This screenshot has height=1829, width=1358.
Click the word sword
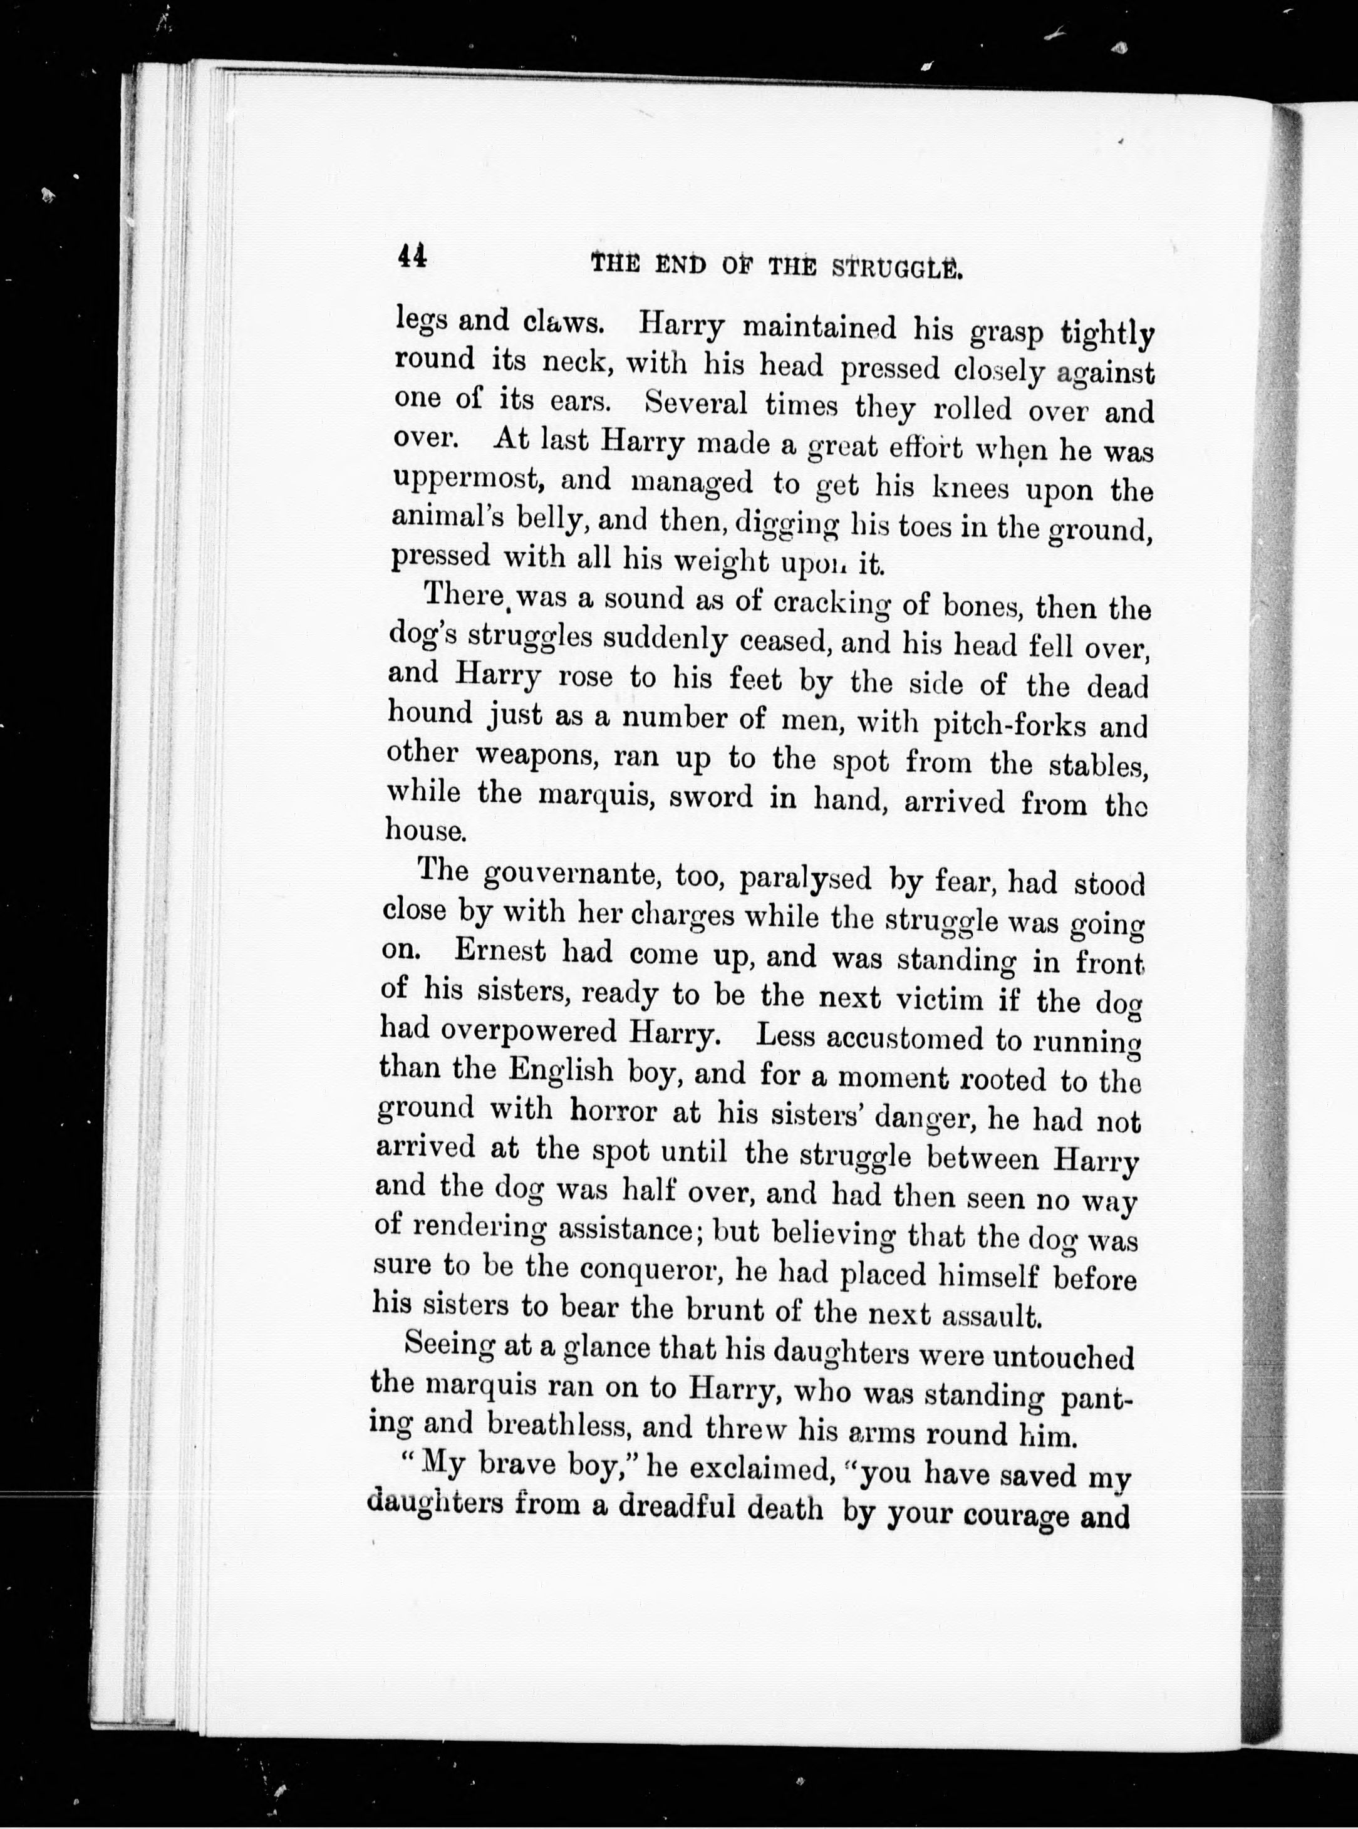[x=711, y=797]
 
